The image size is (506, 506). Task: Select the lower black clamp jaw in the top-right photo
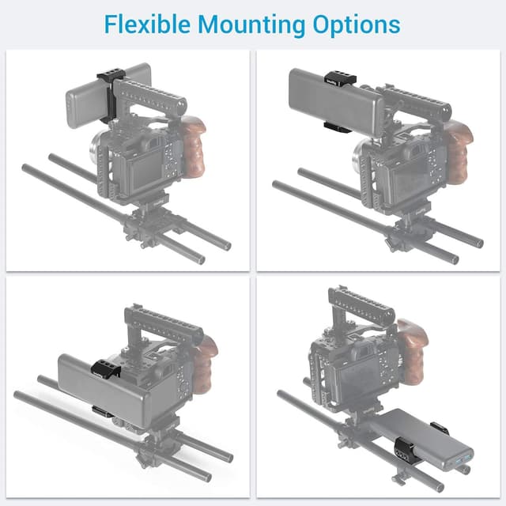tap(335, 126)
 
